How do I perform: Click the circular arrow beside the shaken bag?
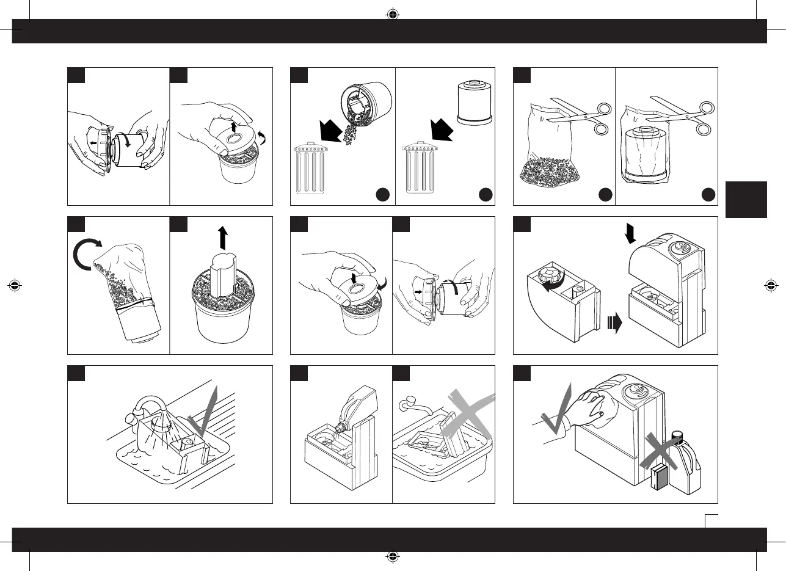86,256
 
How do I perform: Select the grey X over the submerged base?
466,416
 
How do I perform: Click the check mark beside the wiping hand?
556,412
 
